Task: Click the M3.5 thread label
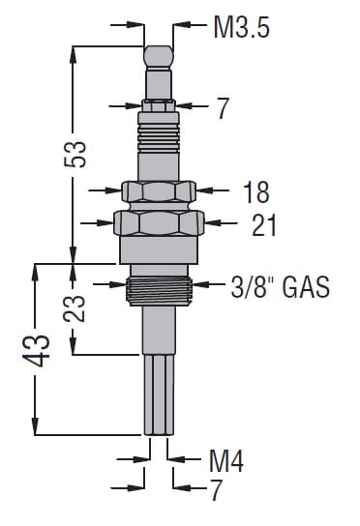[242, 27]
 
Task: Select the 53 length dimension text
[75, 154]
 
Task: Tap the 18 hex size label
[255, 191]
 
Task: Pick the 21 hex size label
[264, 224]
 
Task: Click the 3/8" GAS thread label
[280, 287]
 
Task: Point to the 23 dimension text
[75, 308]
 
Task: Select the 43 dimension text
[36, 350]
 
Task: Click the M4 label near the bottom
[225, 460]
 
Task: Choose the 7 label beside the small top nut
[223, 108]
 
